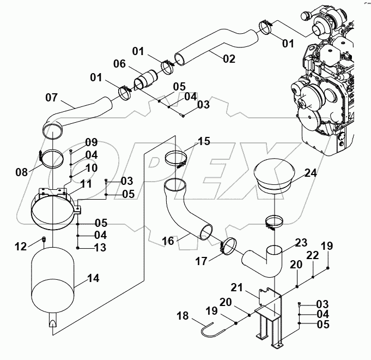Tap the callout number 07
(x=51, y=99)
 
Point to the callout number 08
(x=21, y=172)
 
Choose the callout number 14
(x=93, y=278)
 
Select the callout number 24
(x=310, y=173)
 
